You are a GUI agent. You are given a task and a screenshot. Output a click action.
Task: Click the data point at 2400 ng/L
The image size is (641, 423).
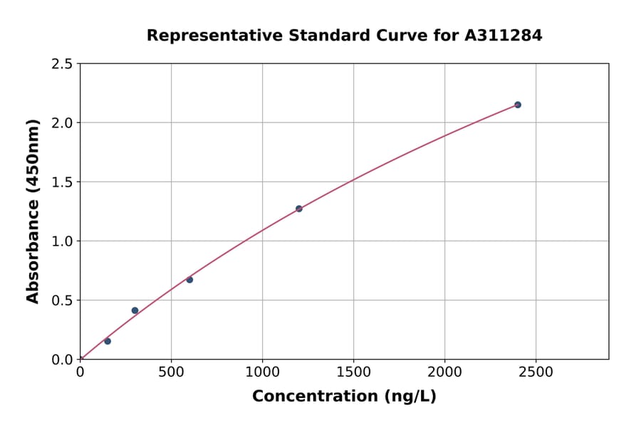[x=518, y=105]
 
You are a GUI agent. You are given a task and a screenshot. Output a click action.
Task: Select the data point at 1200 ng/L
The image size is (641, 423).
[x=299, y=209]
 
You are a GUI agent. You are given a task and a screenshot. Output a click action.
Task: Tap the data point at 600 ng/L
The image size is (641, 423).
[x=189, y=280]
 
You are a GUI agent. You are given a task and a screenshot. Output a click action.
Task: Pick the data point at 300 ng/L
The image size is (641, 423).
[x=135, y=310]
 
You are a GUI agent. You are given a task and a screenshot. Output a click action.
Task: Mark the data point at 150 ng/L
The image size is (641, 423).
[x=108, y=341]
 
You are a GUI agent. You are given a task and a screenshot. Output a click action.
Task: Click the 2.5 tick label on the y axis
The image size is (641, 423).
[x=62, y=64]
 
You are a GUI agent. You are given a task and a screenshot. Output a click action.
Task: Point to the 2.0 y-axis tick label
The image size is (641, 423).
[x=62, y=123]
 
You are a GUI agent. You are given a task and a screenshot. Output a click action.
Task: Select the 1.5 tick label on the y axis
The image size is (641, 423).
[x=62, y=182]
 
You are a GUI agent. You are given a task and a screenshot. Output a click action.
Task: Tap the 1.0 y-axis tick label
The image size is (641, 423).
[x=62, y=241]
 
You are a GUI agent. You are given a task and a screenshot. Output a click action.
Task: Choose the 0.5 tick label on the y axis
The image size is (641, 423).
[x=62, y=301]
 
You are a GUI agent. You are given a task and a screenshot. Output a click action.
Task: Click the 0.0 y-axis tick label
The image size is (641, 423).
[x=62, y=360]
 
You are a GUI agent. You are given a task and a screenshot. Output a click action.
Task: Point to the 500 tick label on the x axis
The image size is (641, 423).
[x=171, y=372]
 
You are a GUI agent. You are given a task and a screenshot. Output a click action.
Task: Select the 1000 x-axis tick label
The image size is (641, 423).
[x=262, y=372]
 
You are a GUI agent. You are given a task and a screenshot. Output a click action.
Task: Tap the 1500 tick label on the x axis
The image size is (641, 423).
[x=353, y=372]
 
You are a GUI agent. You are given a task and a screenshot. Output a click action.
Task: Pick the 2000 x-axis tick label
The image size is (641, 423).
[x=444, y=372]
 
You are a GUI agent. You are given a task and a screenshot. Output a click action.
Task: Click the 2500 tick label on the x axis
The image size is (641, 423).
[x=536, y=372]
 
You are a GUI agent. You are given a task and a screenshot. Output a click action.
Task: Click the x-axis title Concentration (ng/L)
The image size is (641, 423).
[x=344, y=397]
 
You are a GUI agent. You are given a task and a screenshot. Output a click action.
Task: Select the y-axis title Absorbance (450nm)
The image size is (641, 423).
[x=33, y=211]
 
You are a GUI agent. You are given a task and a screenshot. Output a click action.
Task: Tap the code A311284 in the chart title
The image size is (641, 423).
[x=504, y=36]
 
